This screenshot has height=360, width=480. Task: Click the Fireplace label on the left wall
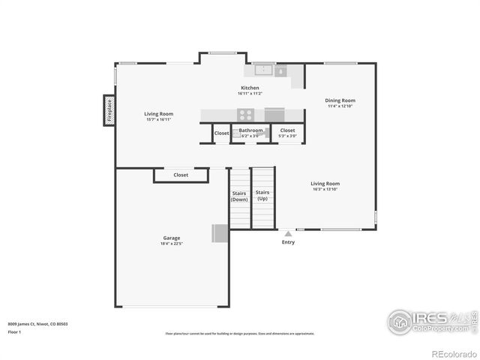[x=109, y=110]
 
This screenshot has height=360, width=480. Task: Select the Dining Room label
[x=340, y=100]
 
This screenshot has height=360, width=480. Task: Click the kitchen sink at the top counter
[x=263, y=70]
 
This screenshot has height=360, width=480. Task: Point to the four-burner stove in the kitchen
[x=246, y=115]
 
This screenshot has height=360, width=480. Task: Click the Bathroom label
[x=250, y=130]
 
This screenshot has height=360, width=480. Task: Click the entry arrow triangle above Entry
[x=288, y=234]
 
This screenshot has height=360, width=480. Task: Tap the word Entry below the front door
[x=288, y=242]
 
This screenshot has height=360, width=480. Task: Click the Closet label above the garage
[x=181, y=175]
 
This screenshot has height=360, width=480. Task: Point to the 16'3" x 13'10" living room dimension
[x=325, y=190]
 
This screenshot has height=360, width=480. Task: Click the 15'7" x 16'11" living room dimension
[x=158, y=120]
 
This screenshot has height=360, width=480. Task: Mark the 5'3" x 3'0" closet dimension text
[x=287, y=136]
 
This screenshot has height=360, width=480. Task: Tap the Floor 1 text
[x=14, y=331]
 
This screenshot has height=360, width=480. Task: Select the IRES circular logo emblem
[x=399, y=322]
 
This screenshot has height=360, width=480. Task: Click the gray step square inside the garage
[x=219, y=233]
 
